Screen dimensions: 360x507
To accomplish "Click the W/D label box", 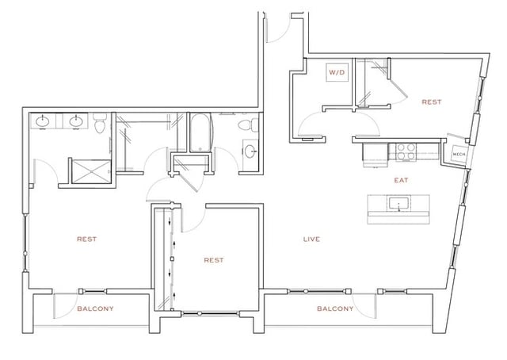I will pos(337,73).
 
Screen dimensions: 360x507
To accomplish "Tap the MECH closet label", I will pos(458,154).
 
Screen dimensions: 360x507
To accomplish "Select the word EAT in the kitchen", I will pos(402,181).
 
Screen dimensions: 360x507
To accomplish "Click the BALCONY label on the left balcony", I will pos(95,308).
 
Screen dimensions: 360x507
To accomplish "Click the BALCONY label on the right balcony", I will pos(334,308).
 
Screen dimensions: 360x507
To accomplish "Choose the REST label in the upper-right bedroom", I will pos(431,102).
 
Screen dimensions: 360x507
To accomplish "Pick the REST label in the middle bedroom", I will pos(214,260).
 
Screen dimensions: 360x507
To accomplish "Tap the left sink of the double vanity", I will pos(43,122).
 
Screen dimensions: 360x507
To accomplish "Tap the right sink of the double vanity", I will pos(77,122).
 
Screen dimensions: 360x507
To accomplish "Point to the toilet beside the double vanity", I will pos(100,124).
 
